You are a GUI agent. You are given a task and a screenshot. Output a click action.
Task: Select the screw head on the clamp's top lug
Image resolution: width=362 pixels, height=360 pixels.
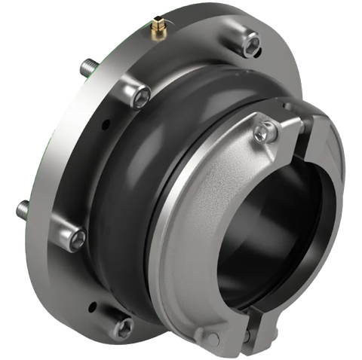tap(259, 133)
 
